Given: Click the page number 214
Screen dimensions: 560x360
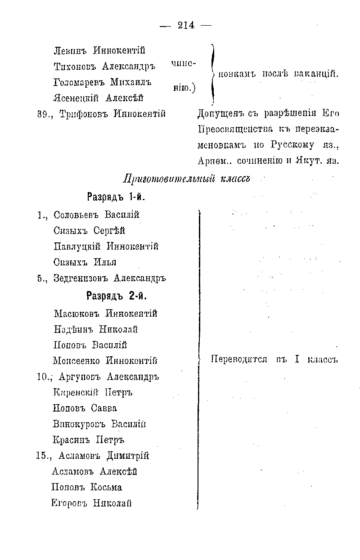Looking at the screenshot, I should point(186,26).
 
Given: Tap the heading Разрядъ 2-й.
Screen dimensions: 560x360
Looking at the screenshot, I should point(117,296).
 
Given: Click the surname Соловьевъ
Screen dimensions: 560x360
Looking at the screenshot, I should point(76,215).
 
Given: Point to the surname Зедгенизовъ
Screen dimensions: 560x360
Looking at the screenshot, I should point(81,278).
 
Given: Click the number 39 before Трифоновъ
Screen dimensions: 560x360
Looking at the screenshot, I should point(42,114).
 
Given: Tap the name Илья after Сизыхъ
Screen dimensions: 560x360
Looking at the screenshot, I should point(105,262).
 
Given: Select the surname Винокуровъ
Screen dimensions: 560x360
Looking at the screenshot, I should point(76,424).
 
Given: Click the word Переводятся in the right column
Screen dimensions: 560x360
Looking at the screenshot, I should point(239,359).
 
